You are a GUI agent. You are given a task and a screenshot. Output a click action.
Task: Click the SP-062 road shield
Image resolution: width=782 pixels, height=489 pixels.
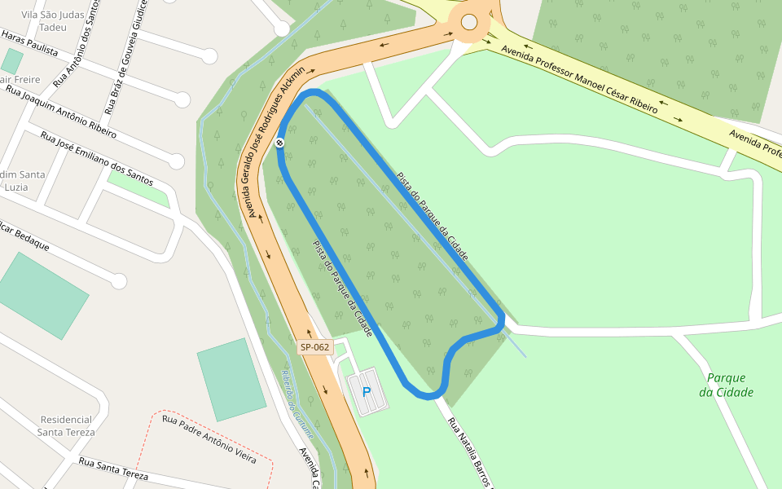pos(314,347)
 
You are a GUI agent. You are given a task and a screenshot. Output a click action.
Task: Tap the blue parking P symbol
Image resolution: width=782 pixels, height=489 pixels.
pos(367,392)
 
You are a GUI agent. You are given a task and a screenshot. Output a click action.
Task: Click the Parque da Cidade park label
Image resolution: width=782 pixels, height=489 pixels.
pos(726,385)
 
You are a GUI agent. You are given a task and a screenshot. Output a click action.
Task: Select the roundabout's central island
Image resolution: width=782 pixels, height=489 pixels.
pos(469,23)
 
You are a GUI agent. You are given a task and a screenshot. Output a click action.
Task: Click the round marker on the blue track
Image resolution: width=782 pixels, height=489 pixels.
pos(280,143)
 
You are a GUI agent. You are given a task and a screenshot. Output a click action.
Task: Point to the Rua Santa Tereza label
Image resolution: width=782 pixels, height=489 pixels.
pos(113,469)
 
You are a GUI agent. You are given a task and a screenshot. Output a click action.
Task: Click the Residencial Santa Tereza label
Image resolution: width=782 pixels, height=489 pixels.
pos(67,425)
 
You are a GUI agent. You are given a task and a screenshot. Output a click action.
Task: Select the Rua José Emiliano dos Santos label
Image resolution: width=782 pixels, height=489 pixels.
pos(92,158)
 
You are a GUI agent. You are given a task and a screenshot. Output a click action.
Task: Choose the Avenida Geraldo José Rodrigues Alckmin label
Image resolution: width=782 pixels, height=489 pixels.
pos(270,139)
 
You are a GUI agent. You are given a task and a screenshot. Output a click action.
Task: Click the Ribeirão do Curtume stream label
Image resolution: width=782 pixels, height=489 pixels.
pos(297,403)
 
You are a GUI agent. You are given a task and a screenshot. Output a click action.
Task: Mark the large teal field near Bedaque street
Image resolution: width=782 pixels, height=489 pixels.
pos(42,295)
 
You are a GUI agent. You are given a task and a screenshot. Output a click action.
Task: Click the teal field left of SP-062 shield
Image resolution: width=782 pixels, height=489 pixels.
pos(231,379)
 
